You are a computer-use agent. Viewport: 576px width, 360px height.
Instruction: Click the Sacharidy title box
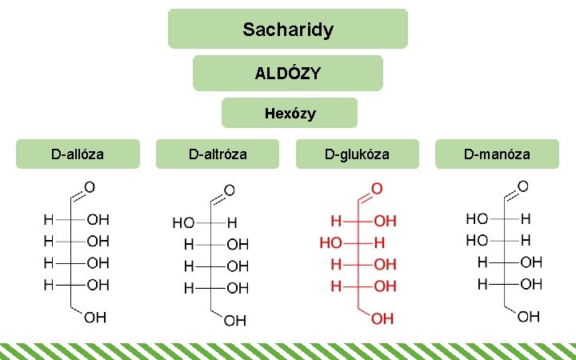pos(288,30)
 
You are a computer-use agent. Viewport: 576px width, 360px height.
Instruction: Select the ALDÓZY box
pos(288,73)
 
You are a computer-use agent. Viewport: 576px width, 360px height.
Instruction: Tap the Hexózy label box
pos(290,114)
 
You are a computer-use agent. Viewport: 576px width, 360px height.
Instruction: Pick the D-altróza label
pos(218,154)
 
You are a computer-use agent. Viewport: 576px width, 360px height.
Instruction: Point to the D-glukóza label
pos(357,154)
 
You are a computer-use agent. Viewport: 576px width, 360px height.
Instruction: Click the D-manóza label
pos(497,154)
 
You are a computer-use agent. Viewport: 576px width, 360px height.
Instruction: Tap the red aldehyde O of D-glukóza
pos(376,189)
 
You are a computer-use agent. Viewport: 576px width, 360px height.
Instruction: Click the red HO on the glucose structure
pos(330,241)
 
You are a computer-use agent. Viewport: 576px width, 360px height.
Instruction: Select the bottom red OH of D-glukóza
pos(382,318)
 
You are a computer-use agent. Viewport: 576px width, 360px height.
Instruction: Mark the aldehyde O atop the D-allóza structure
pos(90,187)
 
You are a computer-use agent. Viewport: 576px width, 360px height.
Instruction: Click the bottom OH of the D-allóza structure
pos(95,318)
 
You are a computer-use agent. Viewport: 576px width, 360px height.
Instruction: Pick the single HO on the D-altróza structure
pos(183,222)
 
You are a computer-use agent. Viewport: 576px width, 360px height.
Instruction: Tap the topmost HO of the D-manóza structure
pos(477,218)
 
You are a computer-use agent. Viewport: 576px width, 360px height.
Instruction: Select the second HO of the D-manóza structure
pos(477,239)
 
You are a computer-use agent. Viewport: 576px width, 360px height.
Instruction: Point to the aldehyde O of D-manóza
pos(523,186)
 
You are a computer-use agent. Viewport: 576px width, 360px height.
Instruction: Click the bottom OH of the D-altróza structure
pos(235,321)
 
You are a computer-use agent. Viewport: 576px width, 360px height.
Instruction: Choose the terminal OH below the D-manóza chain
pos(529,318)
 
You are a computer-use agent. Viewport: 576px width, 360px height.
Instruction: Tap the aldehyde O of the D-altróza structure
pos(229,190)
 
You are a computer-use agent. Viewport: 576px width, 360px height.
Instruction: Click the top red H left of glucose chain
pos(336,219)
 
